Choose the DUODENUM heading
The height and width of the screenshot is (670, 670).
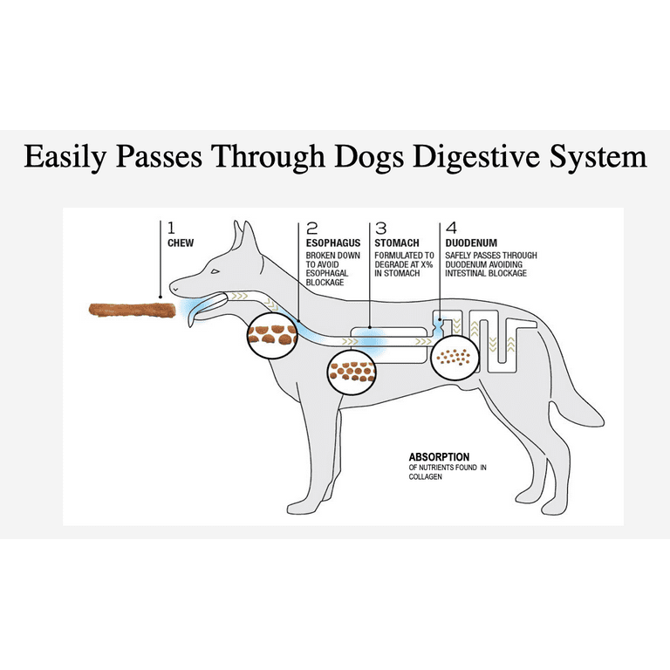point(471,243)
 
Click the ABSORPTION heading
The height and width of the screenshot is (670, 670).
point(440,457)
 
